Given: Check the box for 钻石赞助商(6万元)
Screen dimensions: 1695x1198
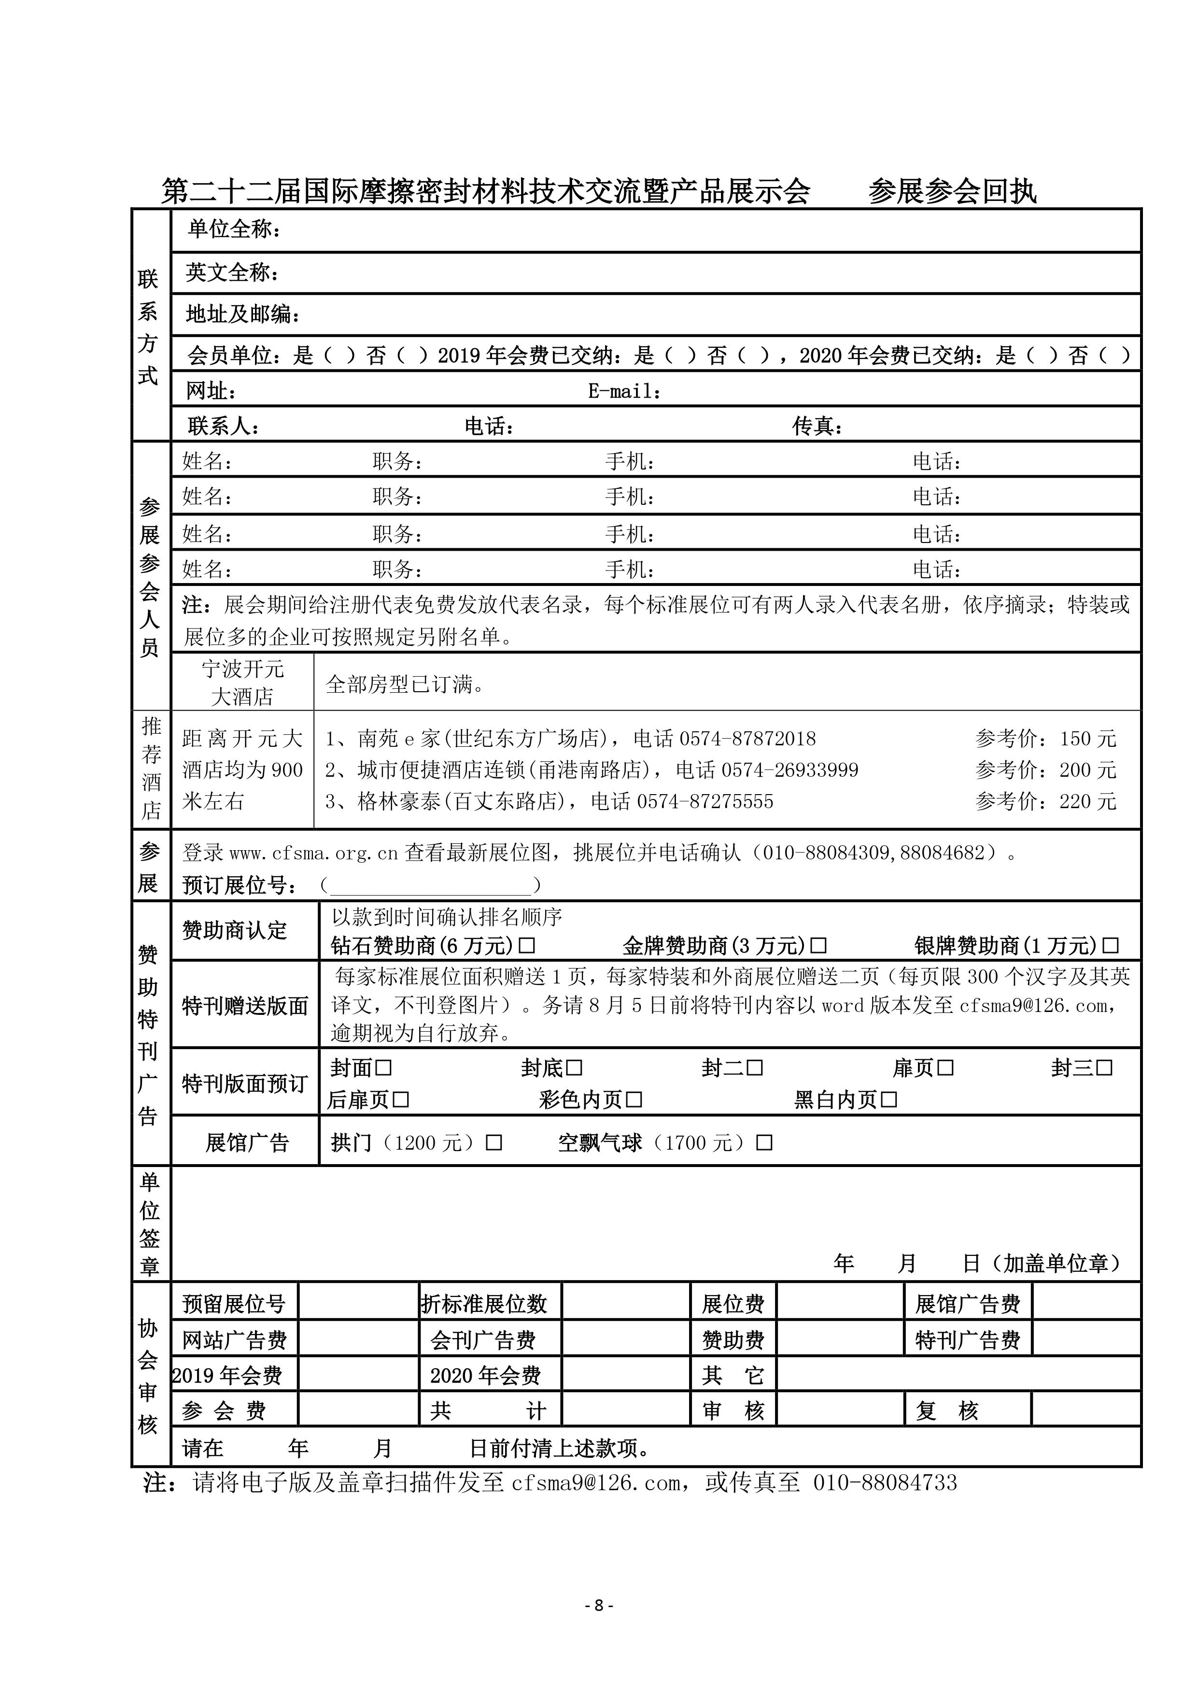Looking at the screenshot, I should pos(527,946).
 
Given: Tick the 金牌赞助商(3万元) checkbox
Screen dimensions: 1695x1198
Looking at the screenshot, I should pos(818,946).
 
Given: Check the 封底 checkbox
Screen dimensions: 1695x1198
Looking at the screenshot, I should pos(574,1068).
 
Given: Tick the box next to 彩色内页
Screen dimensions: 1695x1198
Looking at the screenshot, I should pos(634,1100).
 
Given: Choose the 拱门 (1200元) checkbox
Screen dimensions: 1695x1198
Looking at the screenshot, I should pos(494,1143).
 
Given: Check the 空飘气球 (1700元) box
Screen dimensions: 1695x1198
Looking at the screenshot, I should pos(765,1143).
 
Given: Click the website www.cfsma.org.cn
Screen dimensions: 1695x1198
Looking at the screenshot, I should pos(314,854).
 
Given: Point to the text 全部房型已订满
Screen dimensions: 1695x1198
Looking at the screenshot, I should pos(405,684).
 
